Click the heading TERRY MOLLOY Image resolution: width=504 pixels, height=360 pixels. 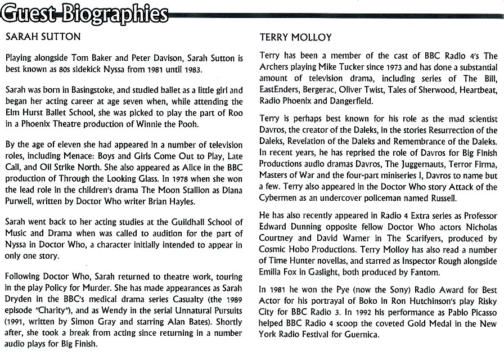pyautogui.click(x=296, y=37)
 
